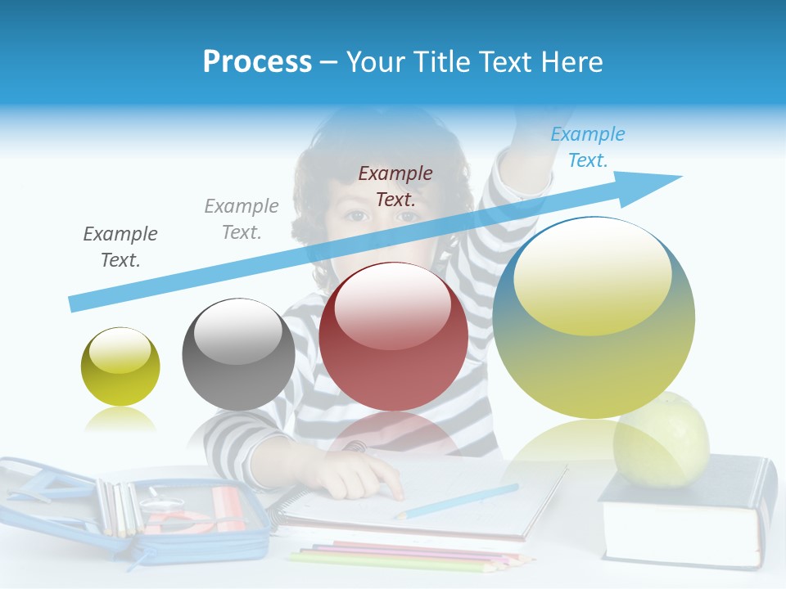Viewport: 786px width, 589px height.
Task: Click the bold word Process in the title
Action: click(257, 62)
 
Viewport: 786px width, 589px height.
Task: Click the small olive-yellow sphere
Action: click(120, 366)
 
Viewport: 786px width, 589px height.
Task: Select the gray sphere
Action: click(238, 354)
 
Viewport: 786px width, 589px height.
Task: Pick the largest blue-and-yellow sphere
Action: click(594, 317)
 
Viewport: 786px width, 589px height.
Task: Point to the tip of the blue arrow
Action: click(680, 177)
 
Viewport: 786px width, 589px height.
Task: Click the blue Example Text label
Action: click(587, 147)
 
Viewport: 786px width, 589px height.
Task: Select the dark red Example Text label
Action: click(395, 186)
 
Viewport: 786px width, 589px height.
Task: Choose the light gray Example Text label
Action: click(242, 219)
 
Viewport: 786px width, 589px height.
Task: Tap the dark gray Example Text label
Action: click(120, 246)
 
